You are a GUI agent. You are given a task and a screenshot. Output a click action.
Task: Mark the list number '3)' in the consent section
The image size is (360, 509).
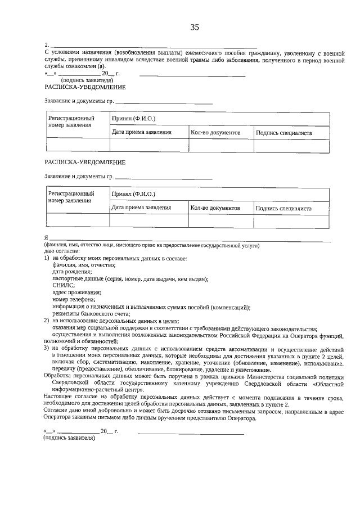47,348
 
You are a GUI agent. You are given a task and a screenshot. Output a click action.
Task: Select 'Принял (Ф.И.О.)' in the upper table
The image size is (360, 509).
133,119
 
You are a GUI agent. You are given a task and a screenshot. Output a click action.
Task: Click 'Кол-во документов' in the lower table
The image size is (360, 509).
215,208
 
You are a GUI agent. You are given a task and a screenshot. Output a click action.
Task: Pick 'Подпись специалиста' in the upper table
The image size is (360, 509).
283,133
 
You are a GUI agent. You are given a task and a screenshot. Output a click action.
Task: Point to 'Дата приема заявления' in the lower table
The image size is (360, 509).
141,208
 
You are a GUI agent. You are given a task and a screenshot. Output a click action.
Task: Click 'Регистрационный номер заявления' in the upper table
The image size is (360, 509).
71,122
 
